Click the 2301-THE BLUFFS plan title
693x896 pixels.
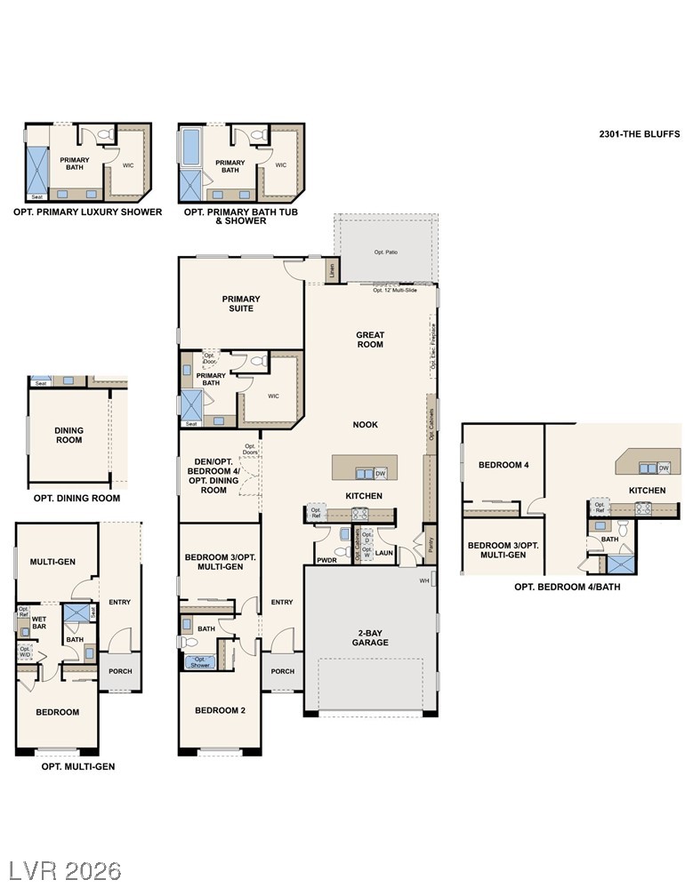point(639,134)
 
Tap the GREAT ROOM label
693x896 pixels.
point(370,340)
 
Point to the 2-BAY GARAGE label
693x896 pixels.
point(370,637)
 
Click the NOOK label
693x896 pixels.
point(365,425)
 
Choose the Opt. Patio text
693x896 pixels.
point(385,252)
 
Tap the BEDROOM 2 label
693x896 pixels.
point(220,710)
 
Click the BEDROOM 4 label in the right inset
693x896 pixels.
point(503,465)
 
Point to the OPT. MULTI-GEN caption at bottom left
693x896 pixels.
point(78,766)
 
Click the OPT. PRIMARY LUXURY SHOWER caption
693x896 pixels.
point(87,212)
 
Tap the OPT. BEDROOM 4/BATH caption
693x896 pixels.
point(567,587)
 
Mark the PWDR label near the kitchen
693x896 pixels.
point(327,561)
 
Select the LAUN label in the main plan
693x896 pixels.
point(384,552)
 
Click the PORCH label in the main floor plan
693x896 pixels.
point(282,671)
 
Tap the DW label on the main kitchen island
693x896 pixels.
point(380,473)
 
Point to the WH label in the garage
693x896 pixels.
point(424,581)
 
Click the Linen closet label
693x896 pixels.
point(332,269)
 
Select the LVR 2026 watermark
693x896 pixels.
point(65,869)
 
